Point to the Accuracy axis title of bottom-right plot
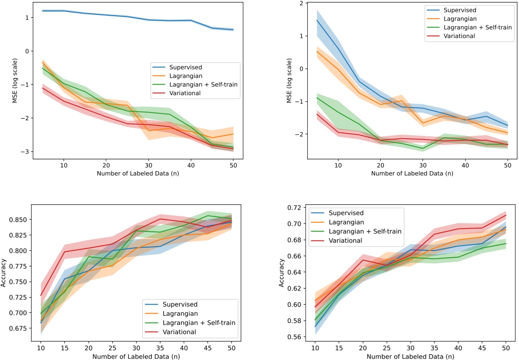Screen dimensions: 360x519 (282, 274)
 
